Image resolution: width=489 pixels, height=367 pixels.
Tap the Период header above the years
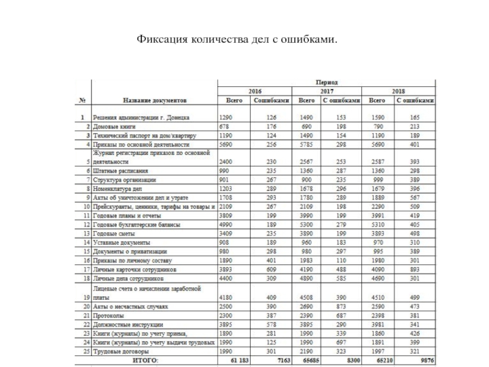coord(326,81)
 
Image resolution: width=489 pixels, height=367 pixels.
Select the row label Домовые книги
coord(114,125)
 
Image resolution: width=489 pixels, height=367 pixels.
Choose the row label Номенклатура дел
coord(120,189)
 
